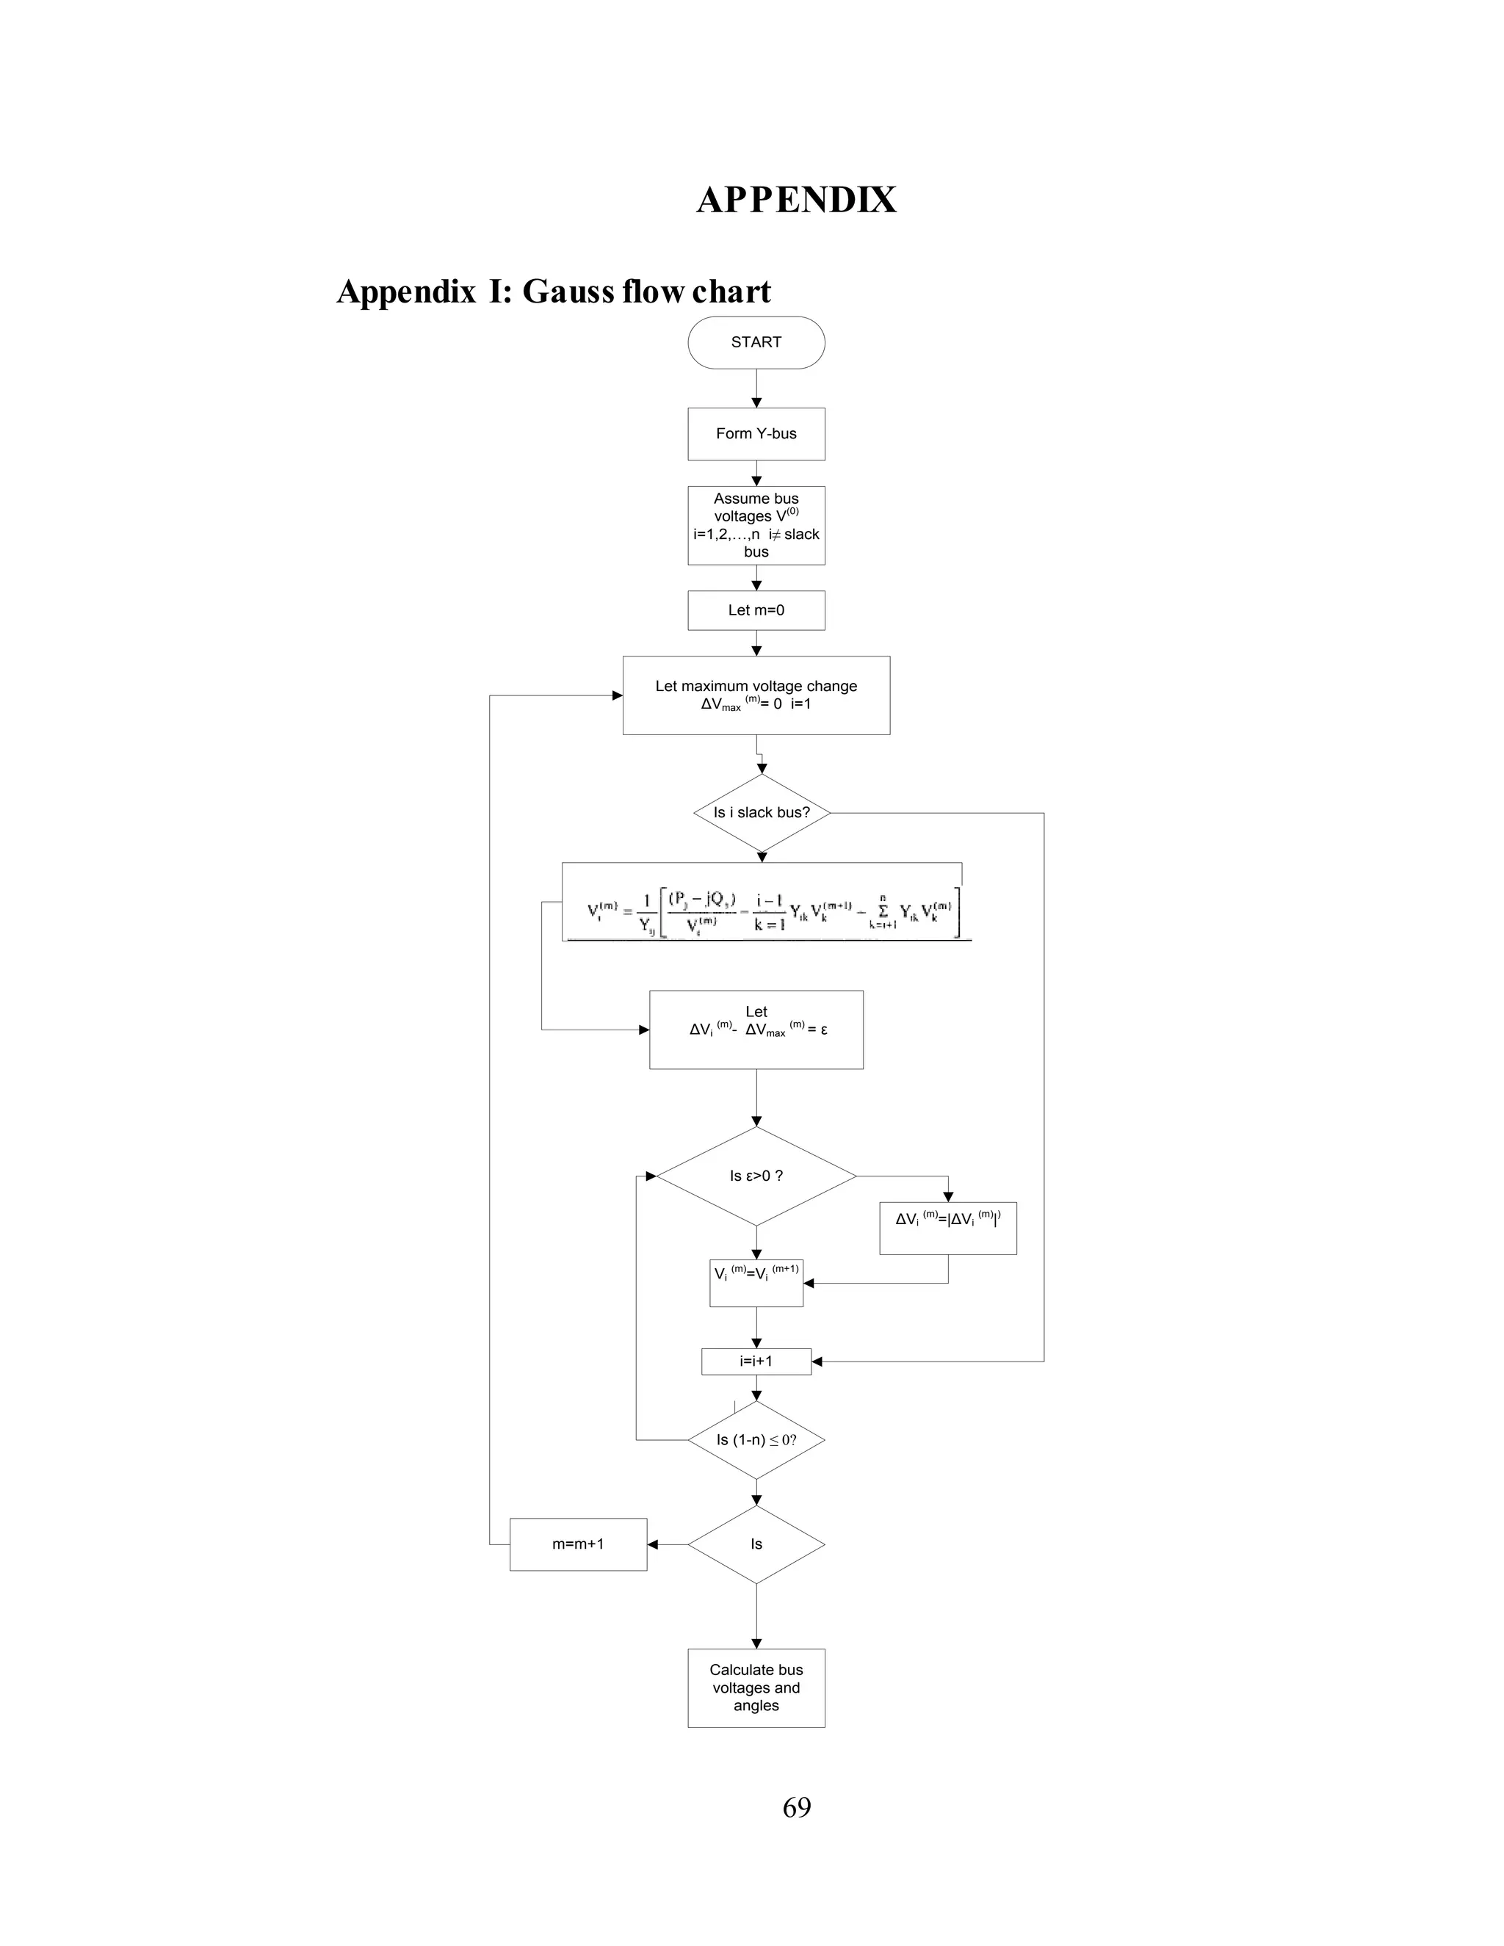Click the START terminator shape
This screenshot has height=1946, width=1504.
[756, 342]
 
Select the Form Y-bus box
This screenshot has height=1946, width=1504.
[756, 434]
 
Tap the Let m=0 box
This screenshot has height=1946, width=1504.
[756, 610]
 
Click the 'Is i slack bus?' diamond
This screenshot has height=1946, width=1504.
[762, 813]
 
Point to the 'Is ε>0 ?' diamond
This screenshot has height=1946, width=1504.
[756, 1176]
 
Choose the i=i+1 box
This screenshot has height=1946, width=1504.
[756, 1361]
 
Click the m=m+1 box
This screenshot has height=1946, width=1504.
[577, 1544]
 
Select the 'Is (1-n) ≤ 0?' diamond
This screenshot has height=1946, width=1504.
[756, 1440]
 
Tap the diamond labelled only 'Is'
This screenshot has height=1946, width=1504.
[756, 1544]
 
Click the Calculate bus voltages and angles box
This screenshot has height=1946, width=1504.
[756, 1688]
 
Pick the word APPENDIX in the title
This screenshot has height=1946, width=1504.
[795, 200]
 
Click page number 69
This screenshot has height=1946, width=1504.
[795, 1807]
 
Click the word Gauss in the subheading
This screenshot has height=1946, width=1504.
[568, 292]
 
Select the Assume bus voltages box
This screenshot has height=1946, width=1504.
[756, 525]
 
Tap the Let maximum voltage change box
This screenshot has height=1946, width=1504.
[756, 695]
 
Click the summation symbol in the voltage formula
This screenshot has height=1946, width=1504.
[883, 911]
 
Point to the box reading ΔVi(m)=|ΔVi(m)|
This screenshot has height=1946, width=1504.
[947, 1228]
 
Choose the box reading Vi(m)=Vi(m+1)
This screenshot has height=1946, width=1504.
[756, 1283]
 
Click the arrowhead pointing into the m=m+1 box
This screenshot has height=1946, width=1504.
[652, 1544]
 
